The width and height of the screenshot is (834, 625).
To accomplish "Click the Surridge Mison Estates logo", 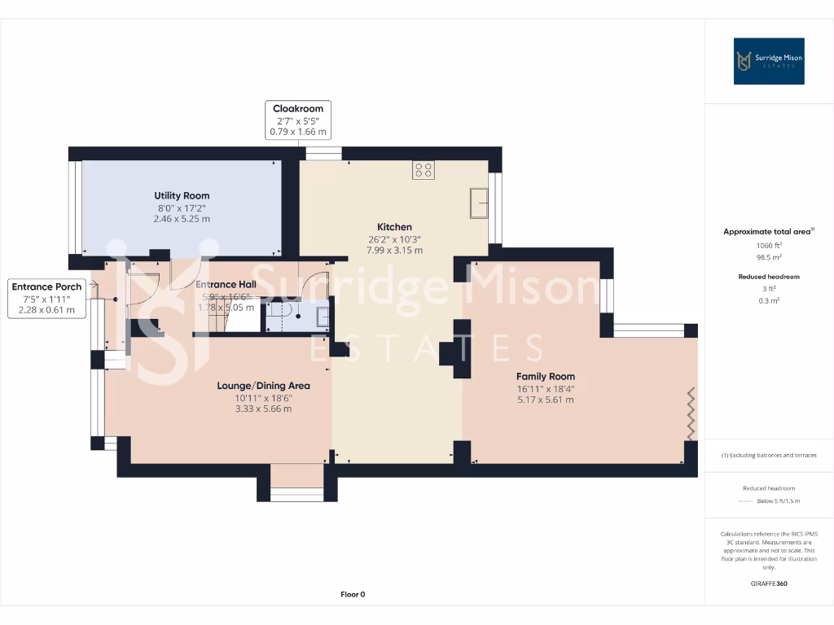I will click(x=769, y=61).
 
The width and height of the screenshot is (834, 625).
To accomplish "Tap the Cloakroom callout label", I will click(x=298, y=120).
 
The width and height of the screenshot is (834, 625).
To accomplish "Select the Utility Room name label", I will click(x=182, y=195).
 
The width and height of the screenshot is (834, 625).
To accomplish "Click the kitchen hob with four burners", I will click(x=424, y=170).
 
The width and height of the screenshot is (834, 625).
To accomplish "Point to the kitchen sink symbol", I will click(x=478, y=203).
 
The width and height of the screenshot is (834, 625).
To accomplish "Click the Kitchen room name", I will click(x=394, y=227).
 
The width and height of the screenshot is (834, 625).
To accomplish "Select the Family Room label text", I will click(x=546, y=376).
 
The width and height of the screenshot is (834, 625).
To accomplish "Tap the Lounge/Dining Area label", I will click(x=263, y=386).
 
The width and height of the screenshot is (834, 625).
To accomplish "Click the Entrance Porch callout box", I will click(x=46, y=298).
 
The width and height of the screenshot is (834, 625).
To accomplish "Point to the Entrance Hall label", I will click(x=226, y=284).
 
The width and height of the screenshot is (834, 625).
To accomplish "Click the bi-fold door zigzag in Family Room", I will click(x=691, y=413).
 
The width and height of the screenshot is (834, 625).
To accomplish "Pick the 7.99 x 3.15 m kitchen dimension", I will click(x=394, y=251).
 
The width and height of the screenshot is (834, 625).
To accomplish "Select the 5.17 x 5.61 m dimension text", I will click(x=546, y=400).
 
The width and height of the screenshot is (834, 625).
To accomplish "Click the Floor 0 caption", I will click(x=353, y=594).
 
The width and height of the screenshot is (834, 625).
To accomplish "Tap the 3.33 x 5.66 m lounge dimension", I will click(x=263, y=409).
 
